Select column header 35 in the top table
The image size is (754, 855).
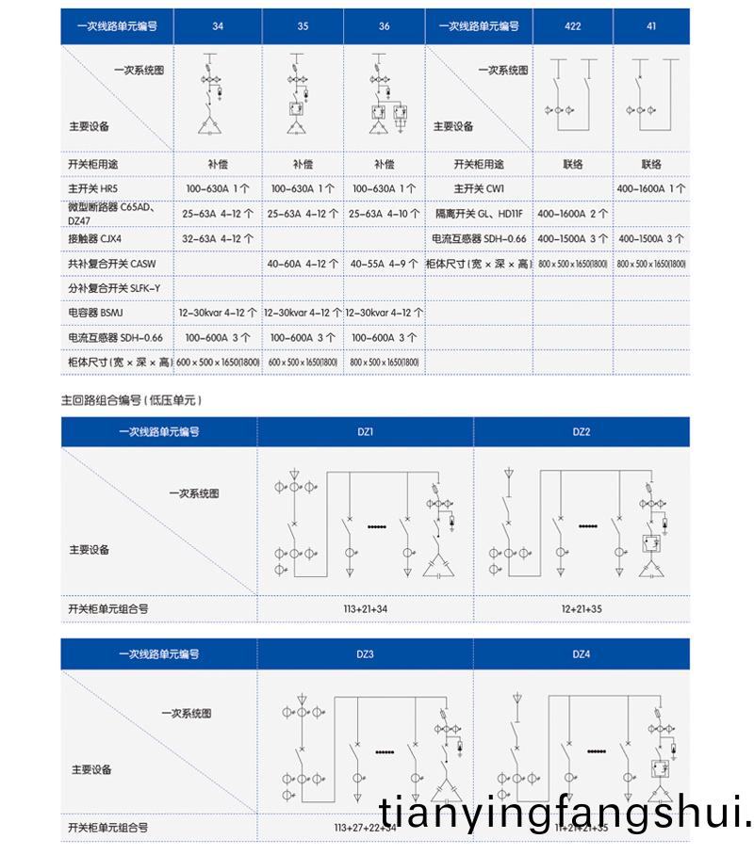[302, 27]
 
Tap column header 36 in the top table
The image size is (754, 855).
[384, 27]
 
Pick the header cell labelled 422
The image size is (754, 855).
[573, 27]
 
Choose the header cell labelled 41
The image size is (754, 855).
[651, 27]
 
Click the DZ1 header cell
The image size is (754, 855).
[367, 431]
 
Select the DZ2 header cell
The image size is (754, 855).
[582, 431]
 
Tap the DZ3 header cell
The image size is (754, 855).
[367, 653]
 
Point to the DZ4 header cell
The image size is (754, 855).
[582, 653]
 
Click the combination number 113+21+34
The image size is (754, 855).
[366, 609]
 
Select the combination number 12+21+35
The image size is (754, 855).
[582, 609]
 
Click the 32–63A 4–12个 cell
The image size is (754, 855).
[218, 239]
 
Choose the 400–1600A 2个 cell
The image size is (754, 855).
[573, 214]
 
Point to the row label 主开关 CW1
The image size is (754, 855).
[479, 188]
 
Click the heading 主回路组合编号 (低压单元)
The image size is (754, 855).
[132, 399]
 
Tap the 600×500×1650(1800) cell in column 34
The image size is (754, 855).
[218, 362]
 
